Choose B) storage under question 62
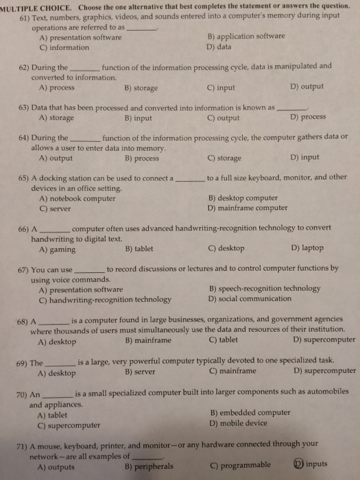click(x=142, y=88)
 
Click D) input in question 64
click(x=304, y=157)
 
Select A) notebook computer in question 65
click(x=77, y=198)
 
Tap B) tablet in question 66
click(x=139, y=249)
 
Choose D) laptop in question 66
click(x=307, y=248)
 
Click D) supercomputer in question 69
click(x=324, y=372)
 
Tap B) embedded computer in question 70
click(x=249, y=413)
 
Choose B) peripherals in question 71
click(x=149, y=467)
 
